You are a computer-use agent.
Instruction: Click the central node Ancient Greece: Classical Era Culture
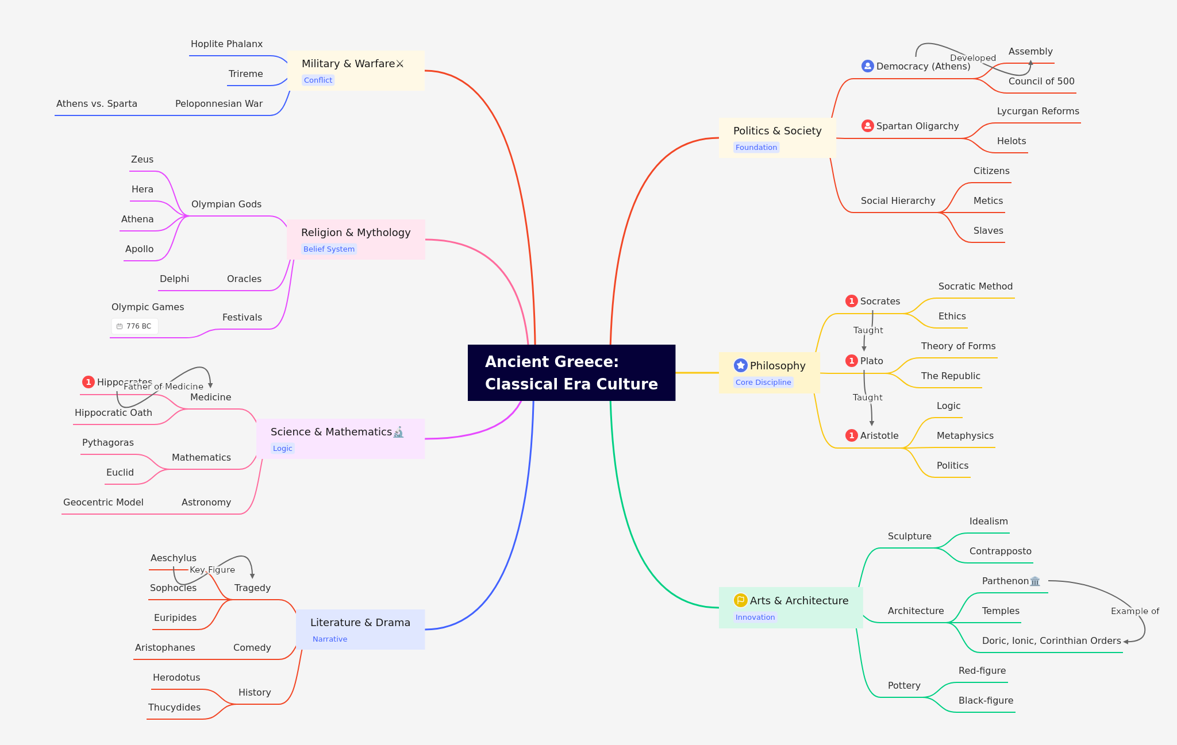(x=571, y=373)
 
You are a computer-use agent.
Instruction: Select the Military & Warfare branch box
(x=356, y=70)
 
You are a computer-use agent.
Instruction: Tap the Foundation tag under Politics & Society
(x=756, y=148)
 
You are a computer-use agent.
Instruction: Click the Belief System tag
(x=329, y=249)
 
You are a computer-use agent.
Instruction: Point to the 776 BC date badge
(x=134, y=326)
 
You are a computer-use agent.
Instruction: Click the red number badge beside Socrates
(x=851, y=302)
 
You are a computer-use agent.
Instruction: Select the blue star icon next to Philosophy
(x=740, y=365)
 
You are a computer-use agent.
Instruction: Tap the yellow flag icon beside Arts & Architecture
(x=740, y=600)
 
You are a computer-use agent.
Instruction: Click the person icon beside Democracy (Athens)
(x=867, y=66)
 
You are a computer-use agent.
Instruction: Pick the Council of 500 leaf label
(x=1041, y=82)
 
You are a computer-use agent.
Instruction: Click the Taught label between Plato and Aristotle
(x=867, y=397)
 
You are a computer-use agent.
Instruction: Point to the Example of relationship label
(x=1134, y=611)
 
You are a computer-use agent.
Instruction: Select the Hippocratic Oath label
(x=113, y=413)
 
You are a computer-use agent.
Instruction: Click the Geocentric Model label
(x=103, y=503)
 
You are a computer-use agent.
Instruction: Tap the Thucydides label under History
(x=174, y=708)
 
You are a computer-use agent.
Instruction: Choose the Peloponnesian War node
(x=218, y=104)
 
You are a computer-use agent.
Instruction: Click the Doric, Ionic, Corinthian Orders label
(x=1051, y=641)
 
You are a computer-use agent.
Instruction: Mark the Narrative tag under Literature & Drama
(x=330, y=639)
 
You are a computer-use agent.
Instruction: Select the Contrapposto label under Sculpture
(x=1000, y=551)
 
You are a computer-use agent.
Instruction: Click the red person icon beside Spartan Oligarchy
(x=867, y=126)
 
